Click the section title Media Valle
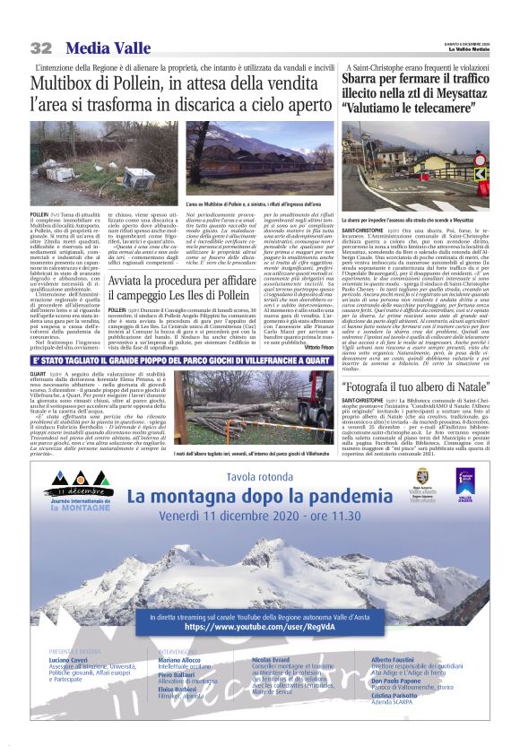click(x=111, y=47)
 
